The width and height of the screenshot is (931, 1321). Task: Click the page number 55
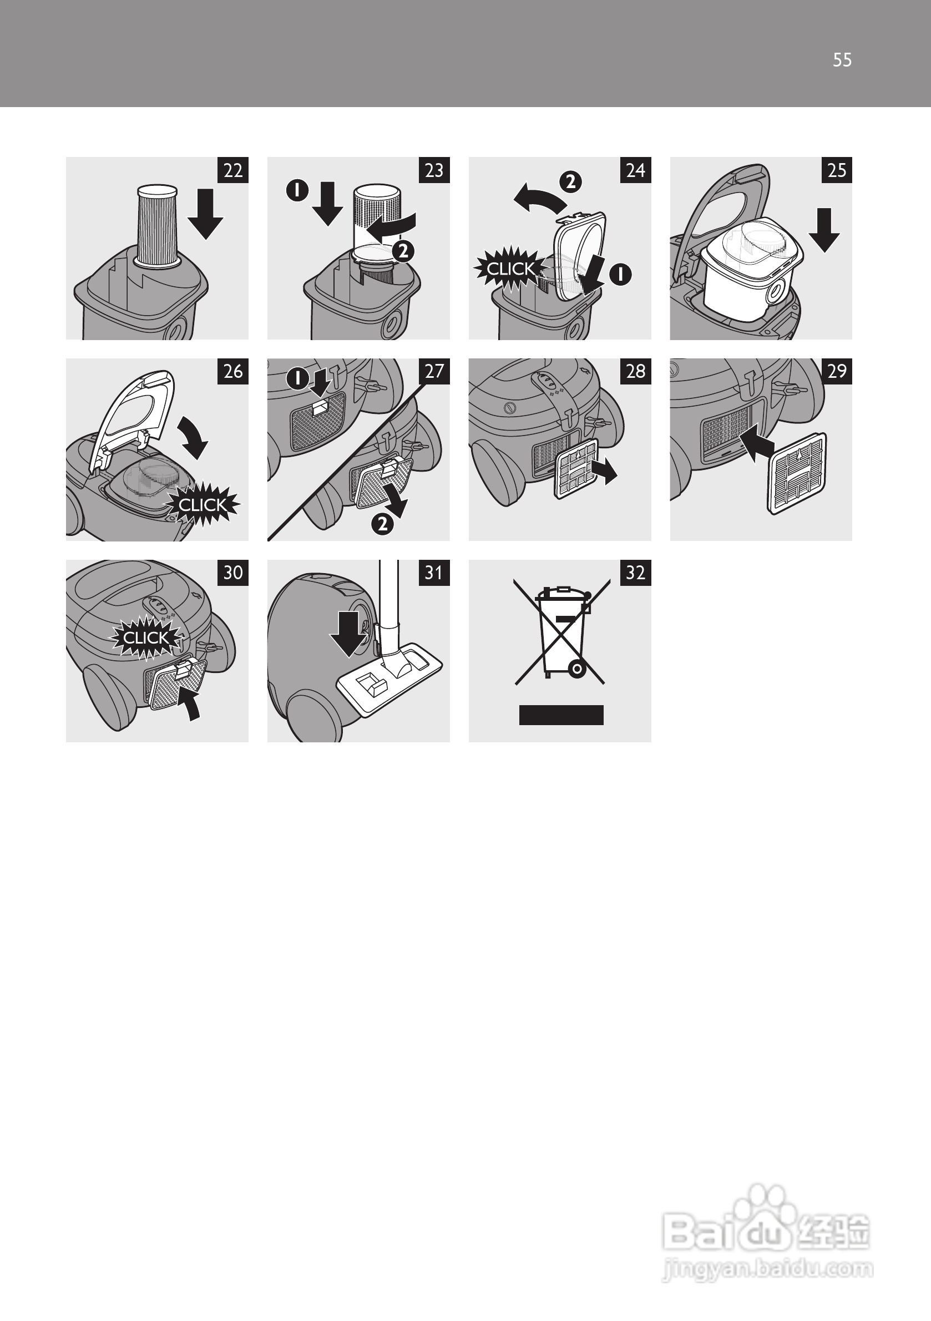(842, 60)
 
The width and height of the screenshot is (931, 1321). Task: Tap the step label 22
(233, 170)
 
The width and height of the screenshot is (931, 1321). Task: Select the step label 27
(434, 372)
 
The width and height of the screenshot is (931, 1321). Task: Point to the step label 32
(636, 573)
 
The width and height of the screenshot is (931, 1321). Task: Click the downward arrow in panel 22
(205, 214)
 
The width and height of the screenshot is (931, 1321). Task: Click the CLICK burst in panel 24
(510, 269)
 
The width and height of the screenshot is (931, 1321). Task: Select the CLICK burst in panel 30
(146, 637)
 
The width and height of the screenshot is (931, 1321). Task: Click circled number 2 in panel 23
(403, 251)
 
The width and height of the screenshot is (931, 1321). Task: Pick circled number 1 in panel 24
(621, 275)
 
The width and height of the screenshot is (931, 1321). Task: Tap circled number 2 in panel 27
(383, 524)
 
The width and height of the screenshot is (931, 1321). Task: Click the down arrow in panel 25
(824, 230)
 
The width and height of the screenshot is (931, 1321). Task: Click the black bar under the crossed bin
(561, 715)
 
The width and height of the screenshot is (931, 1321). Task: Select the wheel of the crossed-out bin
(576, 669)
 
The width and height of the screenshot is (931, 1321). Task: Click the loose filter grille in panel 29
(797, 473)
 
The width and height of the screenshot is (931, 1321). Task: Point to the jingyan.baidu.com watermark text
(768, 1268)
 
